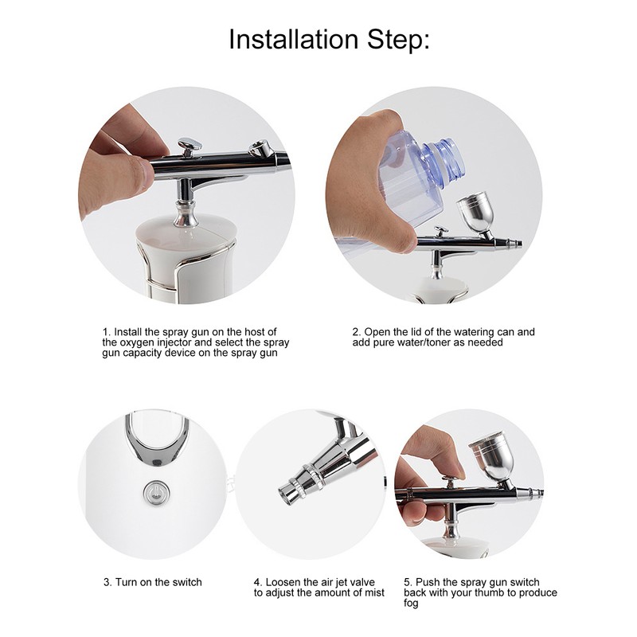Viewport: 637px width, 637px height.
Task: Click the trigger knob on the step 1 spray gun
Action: click(189, 146)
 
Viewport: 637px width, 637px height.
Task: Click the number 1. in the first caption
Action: click(106, 331)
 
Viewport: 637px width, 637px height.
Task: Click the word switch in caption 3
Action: click(186, 582)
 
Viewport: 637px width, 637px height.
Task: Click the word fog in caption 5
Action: click(411, 604)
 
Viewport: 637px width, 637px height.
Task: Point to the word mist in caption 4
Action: click(373, 592)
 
